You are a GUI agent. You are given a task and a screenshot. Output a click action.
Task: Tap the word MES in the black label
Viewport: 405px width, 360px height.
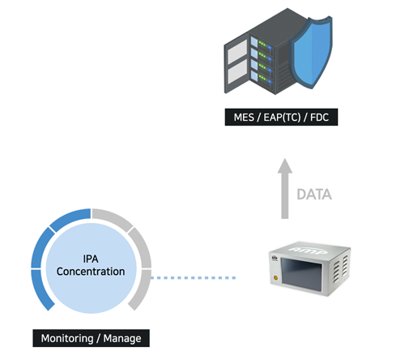coord(244,118)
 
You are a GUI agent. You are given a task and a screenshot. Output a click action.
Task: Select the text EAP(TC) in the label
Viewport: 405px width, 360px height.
coord(282,118)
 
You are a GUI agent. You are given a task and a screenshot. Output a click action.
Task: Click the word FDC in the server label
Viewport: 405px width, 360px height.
coord(319,118)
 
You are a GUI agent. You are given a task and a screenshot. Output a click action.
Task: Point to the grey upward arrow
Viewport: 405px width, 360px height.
coord(285,189)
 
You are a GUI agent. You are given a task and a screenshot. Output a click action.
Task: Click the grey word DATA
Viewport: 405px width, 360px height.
coord(314,195)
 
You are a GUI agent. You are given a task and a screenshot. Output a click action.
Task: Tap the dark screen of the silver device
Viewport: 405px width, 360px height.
coord(301,274)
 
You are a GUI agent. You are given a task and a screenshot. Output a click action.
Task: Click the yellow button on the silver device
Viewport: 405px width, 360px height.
coord(275,277)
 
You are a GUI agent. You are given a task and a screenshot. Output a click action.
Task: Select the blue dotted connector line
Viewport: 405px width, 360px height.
coord(194,277)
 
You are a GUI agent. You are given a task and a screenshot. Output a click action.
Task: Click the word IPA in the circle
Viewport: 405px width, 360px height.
coord(91,259)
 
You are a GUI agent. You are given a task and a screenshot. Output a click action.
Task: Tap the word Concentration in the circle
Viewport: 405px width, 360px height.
coord(91,272)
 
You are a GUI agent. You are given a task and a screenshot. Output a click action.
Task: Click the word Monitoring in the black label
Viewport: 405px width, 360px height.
coord(67,338)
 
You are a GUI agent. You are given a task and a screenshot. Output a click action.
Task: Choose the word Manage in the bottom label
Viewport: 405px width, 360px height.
coord(122,338)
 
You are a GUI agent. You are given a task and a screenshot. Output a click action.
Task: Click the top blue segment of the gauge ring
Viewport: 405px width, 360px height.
coord(70,218)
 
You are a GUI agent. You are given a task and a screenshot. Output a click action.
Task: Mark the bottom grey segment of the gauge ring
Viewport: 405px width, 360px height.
coord(141,289)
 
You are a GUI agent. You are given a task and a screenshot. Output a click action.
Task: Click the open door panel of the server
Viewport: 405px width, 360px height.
coord(237,65)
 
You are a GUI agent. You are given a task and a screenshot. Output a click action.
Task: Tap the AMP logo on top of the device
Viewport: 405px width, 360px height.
coord(309,251)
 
